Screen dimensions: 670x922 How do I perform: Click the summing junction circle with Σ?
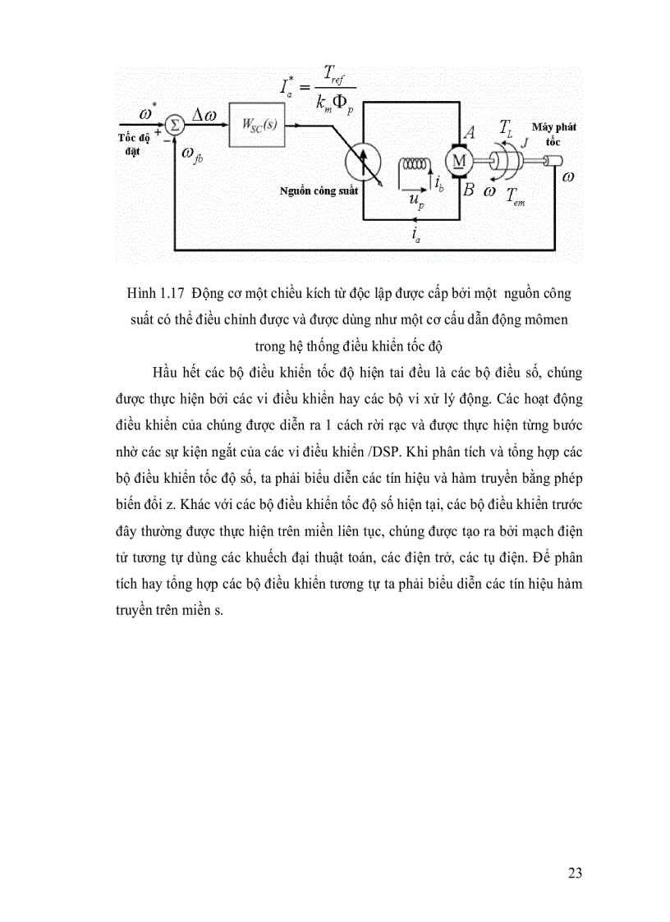(x=173, y=125)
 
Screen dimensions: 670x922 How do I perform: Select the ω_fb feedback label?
(x=195, y=154)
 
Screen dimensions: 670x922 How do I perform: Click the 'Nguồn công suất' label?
(x=314, y=191)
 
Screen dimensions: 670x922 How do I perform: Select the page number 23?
(x=575, y=873)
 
